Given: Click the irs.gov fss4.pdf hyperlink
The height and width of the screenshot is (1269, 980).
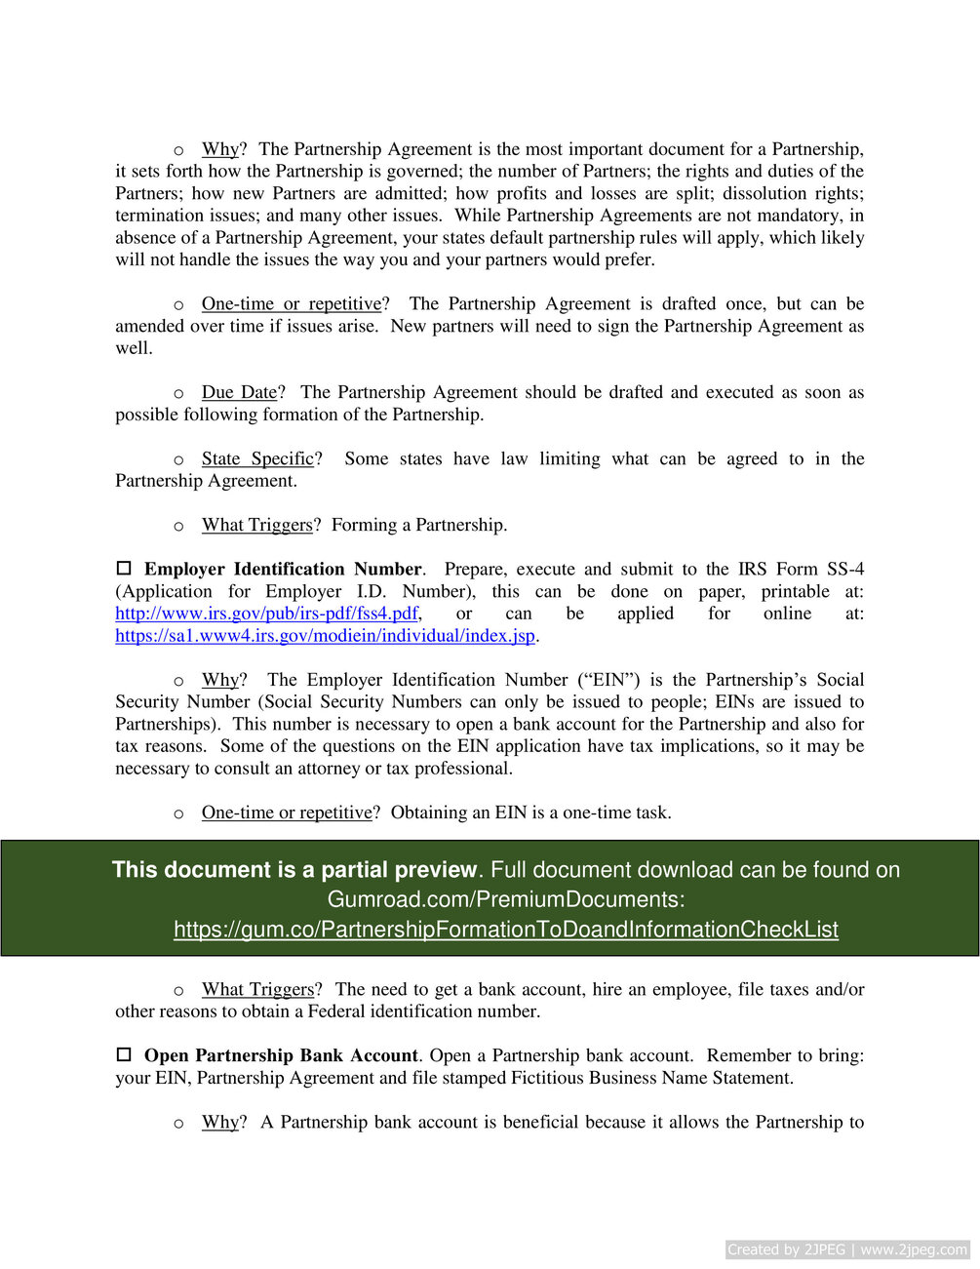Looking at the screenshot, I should pyautogui.click(x=266, y=614).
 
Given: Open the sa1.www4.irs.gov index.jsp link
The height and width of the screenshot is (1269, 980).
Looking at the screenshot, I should pyautogui.click(x=325, y=636).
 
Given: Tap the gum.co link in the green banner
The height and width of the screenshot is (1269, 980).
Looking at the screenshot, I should pyautogui.click(x=505, y=930).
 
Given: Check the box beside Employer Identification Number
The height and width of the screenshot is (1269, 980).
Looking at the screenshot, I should pyautogui.click(x=124, y=568).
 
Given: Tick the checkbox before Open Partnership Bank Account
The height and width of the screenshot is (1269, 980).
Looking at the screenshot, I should pyautogui.click(x=124, y=1054).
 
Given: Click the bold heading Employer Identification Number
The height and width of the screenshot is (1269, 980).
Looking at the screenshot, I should pyautogui.click(x=283, y=569).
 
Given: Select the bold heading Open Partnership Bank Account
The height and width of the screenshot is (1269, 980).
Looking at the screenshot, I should pyautogui.click(x=281, y=1055).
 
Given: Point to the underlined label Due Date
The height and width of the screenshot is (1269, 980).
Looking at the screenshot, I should pyautogui.click(x=239, y=392).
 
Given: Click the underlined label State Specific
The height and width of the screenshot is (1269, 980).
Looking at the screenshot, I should pyautogui.click(x=257, y=458).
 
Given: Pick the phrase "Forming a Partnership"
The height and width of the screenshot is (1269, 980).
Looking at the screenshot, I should pyautogui.click(x=418, y=525).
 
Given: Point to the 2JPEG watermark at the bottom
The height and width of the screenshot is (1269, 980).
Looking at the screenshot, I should pyautogui.click(x=846, y=1249).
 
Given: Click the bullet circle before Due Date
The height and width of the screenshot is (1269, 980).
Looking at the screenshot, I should pyautogui.click(x=178, y=393).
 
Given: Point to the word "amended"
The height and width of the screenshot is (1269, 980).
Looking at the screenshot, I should pyautogui.click(x=150, y=326).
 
